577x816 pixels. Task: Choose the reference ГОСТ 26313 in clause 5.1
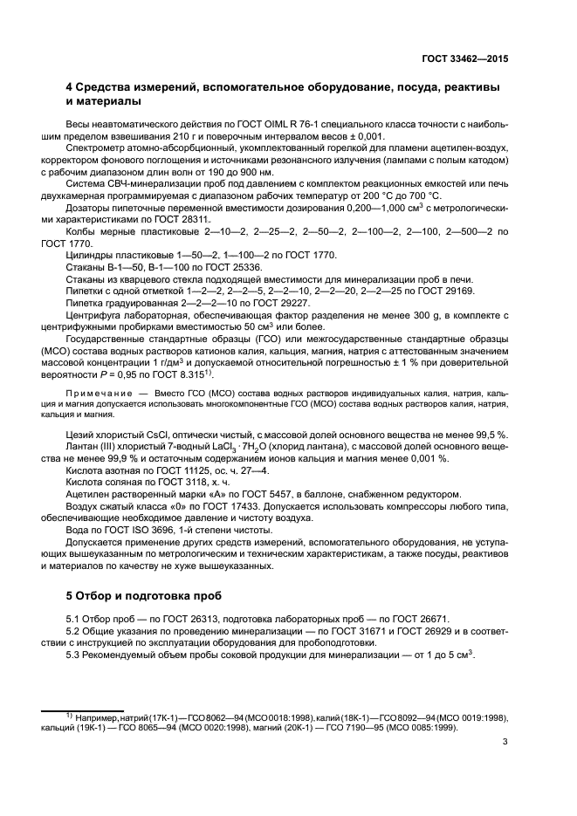[x=179, y=619]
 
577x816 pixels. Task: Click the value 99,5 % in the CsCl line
[x=492, y=435]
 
